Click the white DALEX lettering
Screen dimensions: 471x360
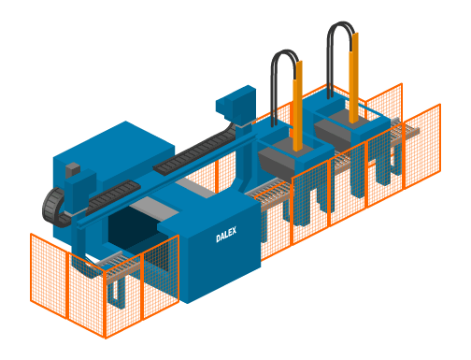point(226,235)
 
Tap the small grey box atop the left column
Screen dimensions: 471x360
point(73,170)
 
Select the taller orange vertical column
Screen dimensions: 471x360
point(354,78)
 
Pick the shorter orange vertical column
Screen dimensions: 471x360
point(298,106)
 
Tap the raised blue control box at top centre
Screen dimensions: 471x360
point(236,103)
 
